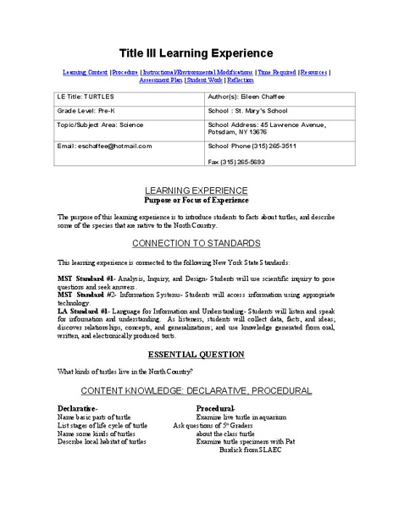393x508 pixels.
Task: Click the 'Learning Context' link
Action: (85, 73)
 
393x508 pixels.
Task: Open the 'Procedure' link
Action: (125, 73)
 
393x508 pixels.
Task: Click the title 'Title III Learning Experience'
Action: (196, 53)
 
